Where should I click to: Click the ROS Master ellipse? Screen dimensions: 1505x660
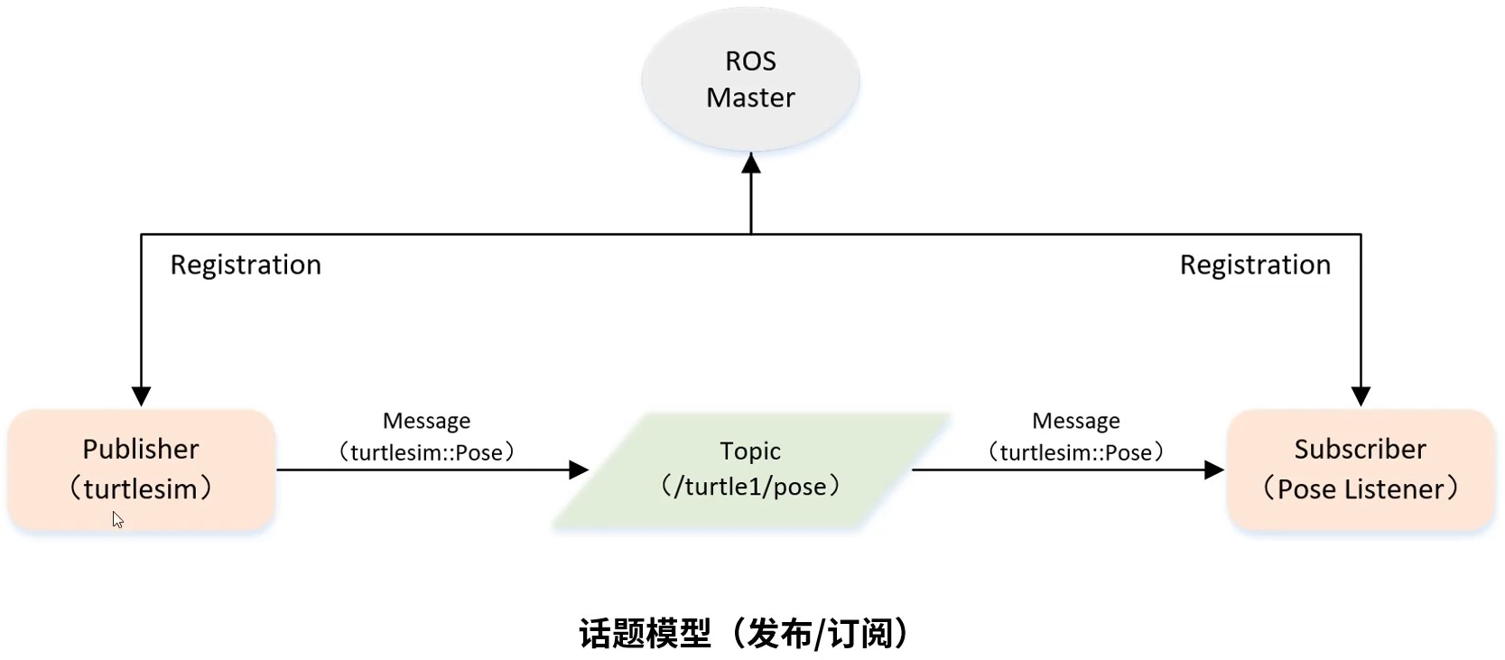point(750,79)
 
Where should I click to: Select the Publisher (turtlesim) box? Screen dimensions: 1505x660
point(141,469)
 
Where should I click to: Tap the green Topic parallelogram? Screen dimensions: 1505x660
point(750,469)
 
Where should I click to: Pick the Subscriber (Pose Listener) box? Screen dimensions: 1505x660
point(1361,469)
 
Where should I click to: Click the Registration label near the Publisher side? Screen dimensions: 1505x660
point(246,265)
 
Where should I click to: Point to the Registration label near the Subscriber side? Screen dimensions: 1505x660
point(1255,265)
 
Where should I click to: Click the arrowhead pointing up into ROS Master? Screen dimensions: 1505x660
point(750,163)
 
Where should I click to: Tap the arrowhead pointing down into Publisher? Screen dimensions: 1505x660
point(141,396)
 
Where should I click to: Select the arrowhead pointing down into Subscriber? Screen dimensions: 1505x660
point(1361,396)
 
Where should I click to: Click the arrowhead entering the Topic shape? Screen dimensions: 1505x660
point(579,469)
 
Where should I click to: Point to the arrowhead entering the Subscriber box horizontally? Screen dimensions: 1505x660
point(1214,469)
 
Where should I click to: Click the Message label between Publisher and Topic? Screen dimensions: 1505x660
point(427,421)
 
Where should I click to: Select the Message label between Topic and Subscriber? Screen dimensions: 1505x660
point(1075,421)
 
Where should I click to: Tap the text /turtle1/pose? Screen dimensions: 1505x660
point(750,486)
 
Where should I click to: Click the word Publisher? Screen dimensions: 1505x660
point(141,449)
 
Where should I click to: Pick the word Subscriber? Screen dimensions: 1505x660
point(1360,449)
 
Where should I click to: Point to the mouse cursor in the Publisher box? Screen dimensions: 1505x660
point(118,519)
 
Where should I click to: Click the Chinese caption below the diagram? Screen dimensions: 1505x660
point(745,633)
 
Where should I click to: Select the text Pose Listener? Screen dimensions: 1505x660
point(1360,489)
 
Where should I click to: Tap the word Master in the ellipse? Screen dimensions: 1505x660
point(750,98)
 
